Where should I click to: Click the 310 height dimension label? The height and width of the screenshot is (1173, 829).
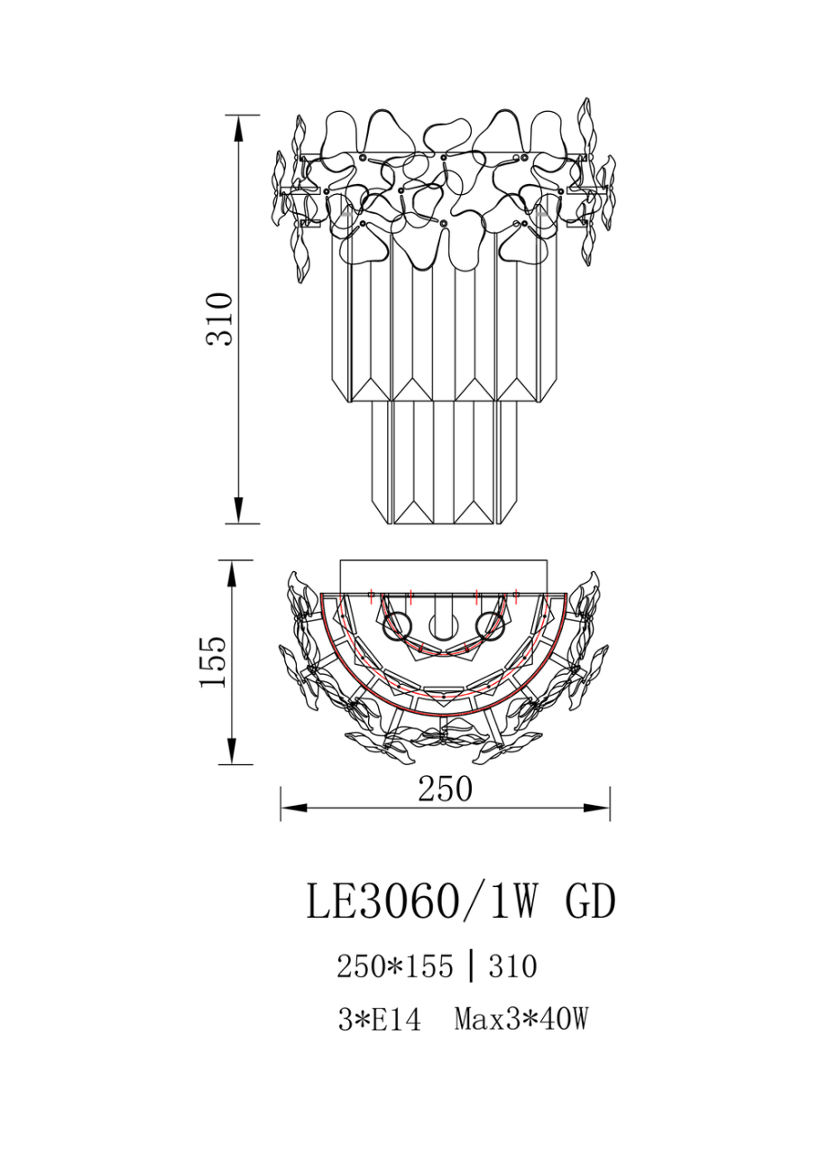[218, 319]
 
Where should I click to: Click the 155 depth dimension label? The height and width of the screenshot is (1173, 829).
[213, 662]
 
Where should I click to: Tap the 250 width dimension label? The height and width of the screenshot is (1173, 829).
[445, 789]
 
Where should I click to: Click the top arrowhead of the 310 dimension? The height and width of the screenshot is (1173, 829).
[239, 128]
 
